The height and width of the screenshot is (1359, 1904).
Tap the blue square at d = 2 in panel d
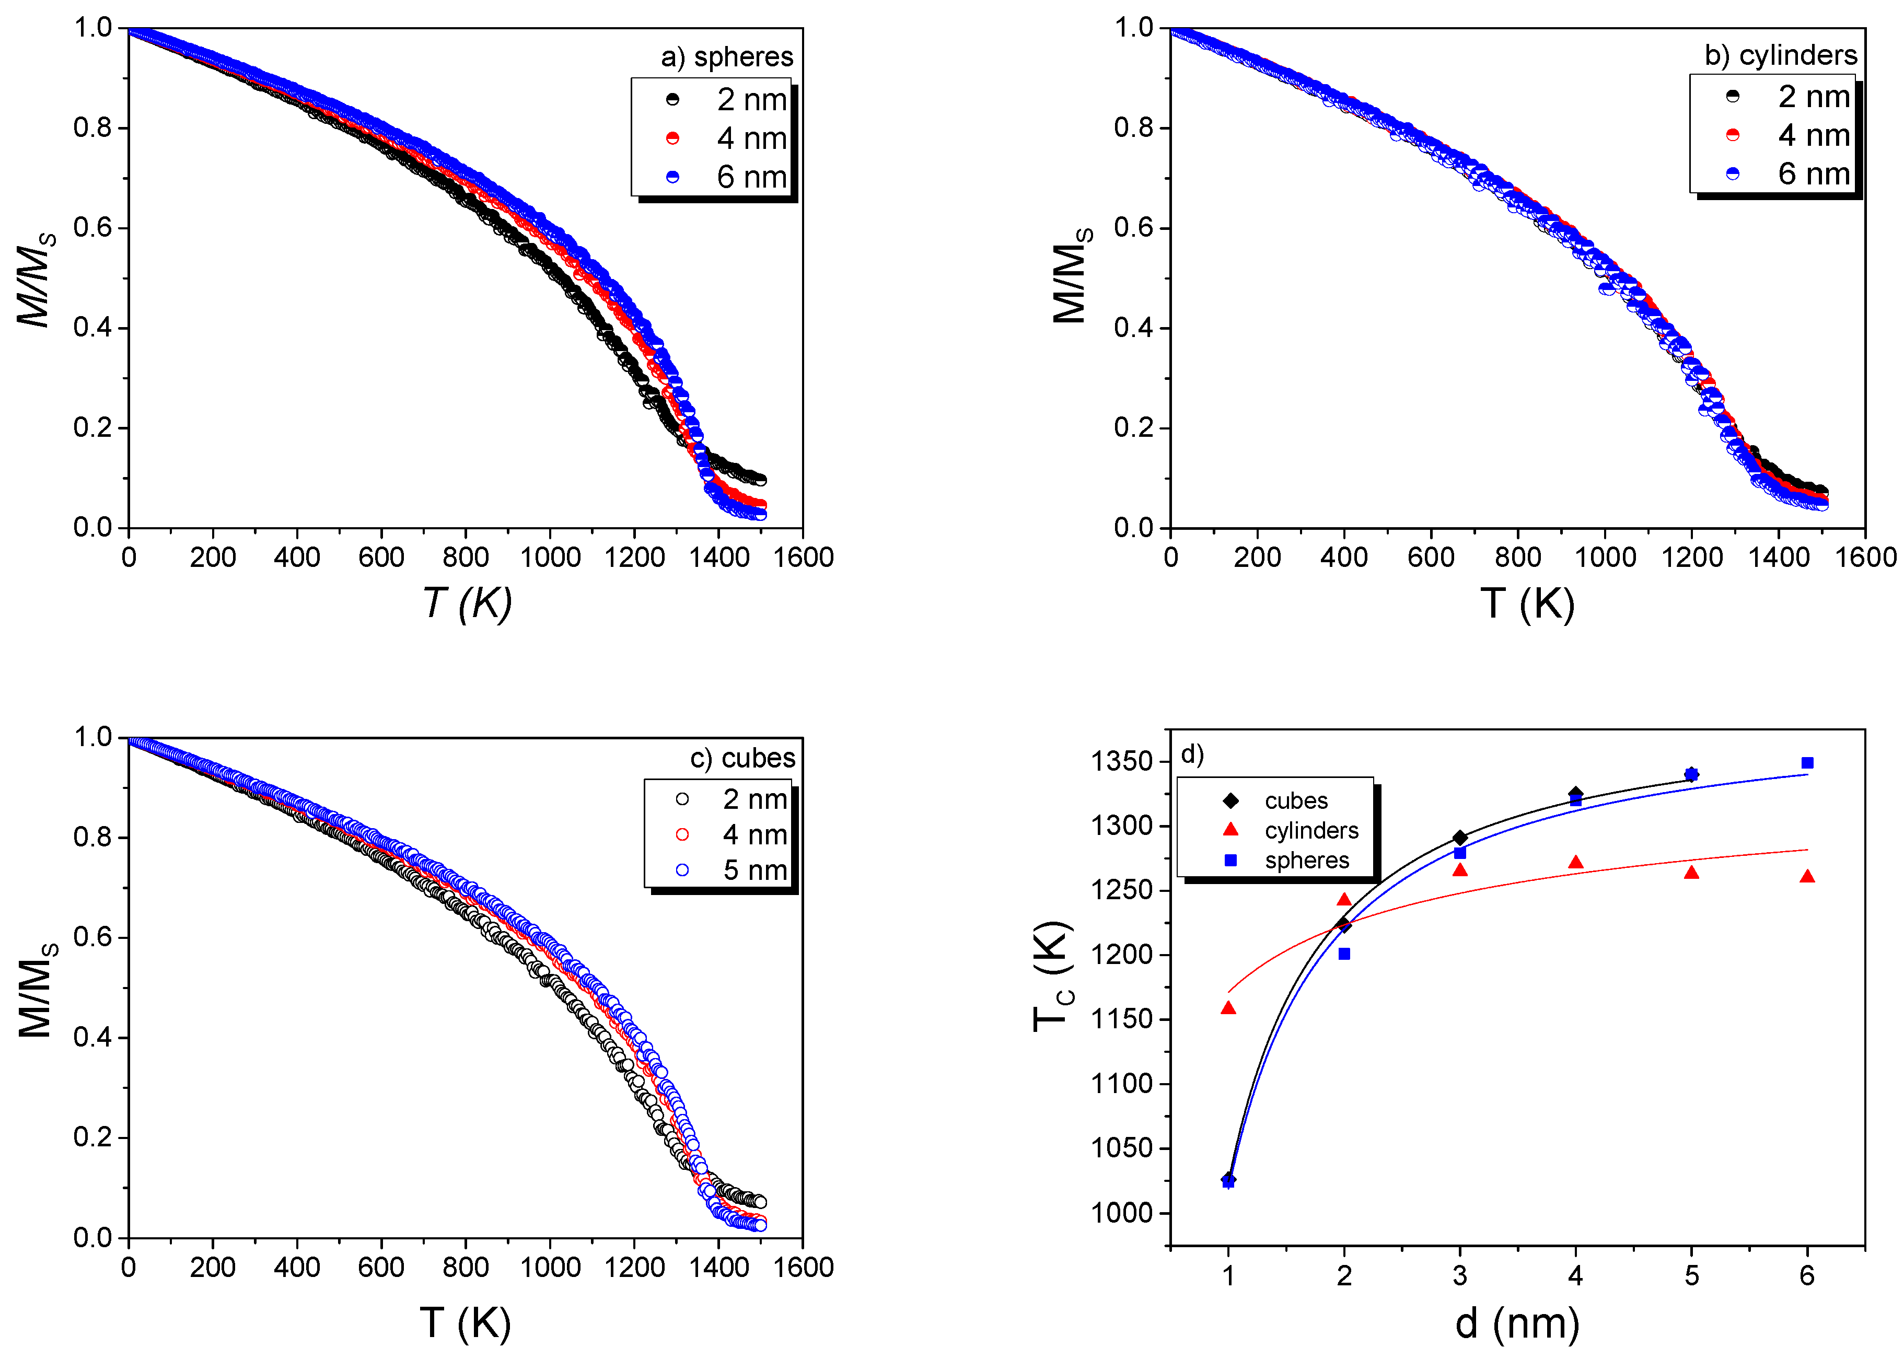[1344, 954]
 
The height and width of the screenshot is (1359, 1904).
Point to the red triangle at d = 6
[1807, 877]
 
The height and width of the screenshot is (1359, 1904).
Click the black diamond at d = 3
[1459, 838]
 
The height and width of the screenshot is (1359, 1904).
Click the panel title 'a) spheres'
[726, 57]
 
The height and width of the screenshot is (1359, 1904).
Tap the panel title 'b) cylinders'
[1780, 55]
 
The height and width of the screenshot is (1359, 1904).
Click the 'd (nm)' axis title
[1516, 1323]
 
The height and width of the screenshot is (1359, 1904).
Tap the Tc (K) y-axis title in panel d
[1052, 977]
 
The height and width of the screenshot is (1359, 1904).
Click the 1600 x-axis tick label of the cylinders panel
[1865, 557]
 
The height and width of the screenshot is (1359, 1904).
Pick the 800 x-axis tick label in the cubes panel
[466, 1267]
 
